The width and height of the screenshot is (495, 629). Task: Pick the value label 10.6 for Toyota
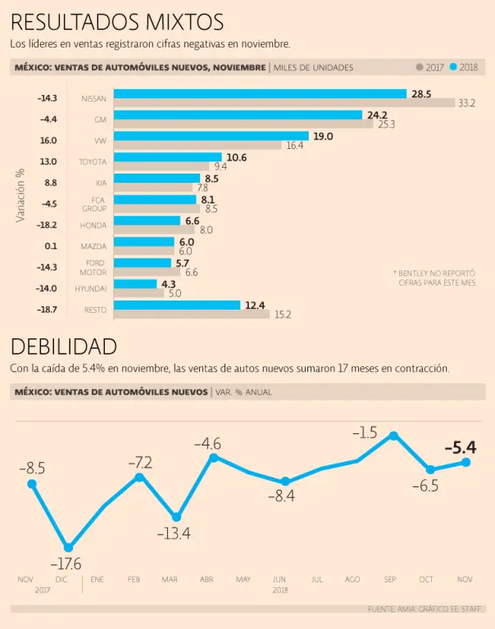pos(237,156)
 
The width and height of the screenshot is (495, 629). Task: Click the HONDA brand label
pos(93,225)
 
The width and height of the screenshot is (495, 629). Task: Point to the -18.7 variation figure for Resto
pos(48,310)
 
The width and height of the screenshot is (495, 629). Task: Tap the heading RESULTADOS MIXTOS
pos(116,22)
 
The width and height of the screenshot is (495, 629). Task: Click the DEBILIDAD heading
pos(64,346)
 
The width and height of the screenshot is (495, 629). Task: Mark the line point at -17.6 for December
pos(68,547)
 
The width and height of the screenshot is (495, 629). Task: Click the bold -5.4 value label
pos(460,447)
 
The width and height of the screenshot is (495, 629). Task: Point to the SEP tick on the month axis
pos(391,579)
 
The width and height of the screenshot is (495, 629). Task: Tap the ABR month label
pos(207,579)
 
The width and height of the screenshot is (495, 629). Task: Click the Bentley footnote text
pos(434,277)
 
